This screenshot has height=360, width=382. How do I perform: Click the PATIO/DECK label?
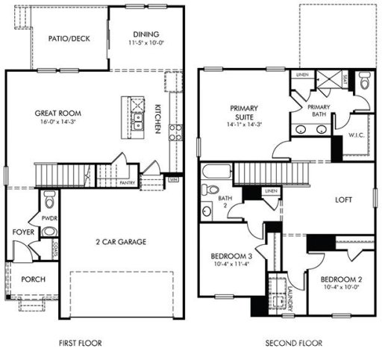point(69,38)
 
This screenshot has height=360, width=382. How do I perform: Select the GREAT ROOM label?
point(57,114)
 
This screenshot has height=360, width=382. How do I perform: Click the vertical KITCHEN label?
point(158,119)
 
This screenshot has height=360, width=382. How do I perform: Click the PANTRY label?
point(128,181)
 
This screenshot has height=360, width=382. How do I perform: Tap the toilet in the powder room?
point(50,200)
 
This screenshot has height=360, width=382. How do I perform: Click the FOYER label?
point(22,232)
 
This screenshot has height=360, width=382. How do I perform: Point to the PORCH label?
point(33,279)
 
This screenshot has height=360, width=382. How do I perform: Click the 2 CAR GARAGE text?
point(120,242)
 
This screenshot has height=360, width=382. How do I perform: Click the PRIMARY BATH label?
point(319,111)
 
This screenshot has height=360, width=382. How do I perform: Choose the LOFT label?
point(344,199)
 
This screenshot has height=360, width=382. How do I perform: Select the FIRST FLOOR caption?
point(80,344)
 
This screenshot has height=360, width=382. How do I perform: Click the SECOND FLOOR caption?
point(294,344)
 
